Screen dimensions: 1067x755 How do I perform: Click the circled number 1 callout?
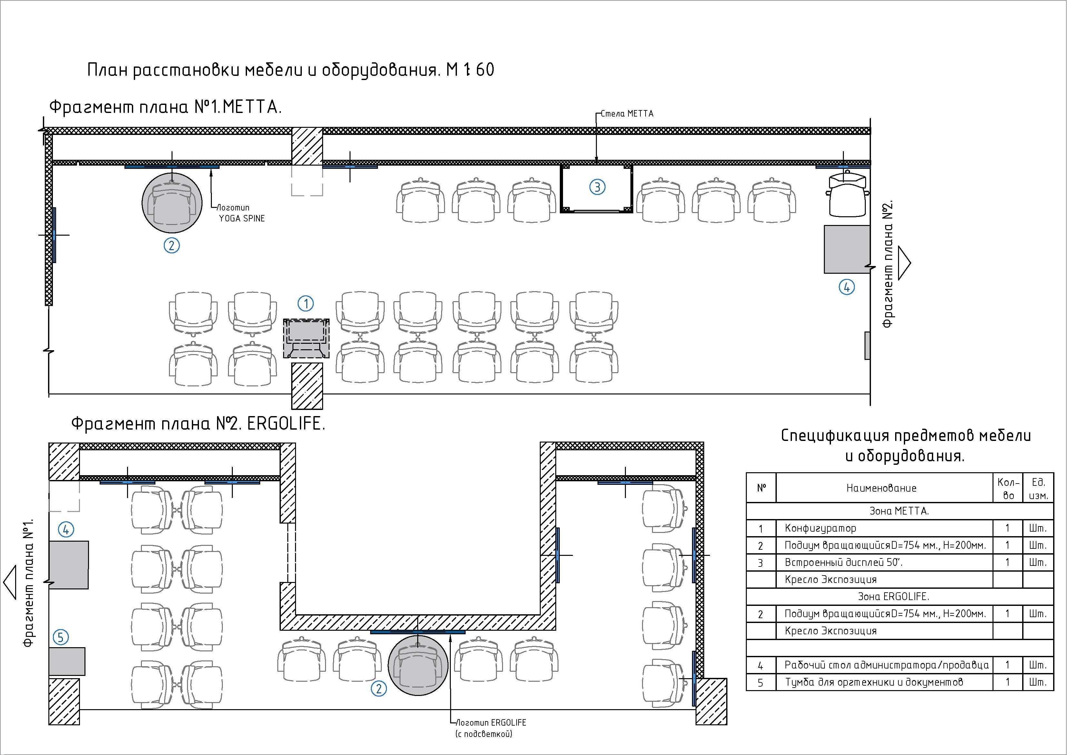(x=306, y=304)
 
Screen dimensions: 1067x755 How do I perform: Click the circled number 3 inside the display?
(x=597, y=187)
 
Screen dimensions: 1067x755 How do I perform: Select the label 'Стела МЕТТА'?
(x=627, y=114)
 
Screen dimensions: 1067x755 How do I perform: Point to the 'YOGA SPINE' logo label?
(x=242, y=218)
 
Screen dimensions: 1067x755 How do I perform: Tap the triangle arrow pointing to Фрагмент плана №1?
(x=9, y=582)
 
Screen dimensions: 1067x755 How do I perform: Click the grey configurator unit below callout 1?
(x=306, y=338)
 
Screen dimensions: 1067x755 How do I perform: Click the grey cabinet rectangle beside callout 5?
(x=67, y=661)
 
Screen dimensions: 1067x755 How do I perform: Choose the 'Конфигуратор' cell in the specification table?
(x=820, y=528)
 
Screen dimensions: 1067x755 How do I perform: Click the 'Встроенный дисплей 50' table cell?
(x=844, y=562)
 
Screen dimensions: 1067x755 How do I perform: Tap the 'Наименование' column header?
(x=881, y=488)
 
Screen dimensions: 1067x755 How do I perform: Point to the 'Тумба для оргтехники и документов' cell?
(x=874, y=682)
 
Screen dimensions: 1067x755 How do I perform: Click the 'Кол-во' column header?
(x=1008, y=488)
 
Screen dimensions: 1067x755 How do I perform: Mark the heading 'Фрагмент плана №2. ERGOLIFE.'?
(x=198, y=424)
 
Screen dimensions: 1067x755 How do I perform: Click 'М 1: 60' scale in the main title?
(x=470, y=70)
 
